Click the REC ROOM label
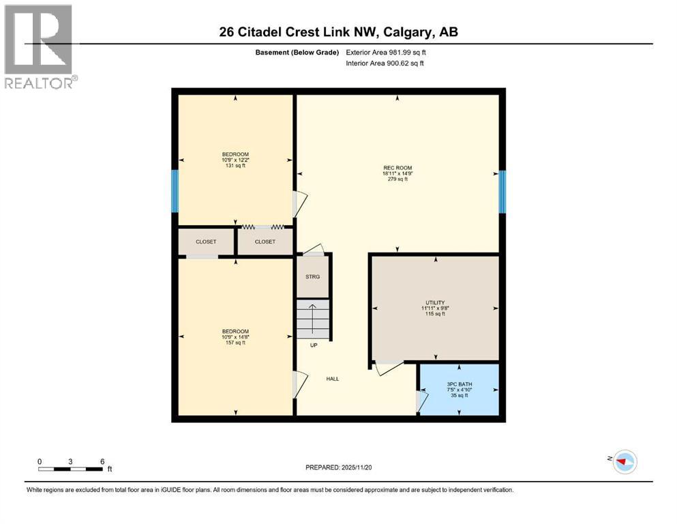point(397,168)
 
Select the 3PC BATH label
point(460,384)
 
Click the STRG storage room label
point(313,276)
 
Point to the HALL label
point(332,379)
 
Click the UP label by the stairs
point(314,345)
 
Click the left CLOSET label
point(206,242)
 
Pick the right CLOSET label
point(265,242)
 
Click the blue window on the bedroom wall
point(175,191)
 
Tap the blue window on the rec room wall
point(502,191)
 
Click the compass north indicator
point(622,462)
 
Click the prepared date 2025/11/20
point(338,467)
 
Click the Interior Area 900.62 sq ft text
point(385,63)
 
